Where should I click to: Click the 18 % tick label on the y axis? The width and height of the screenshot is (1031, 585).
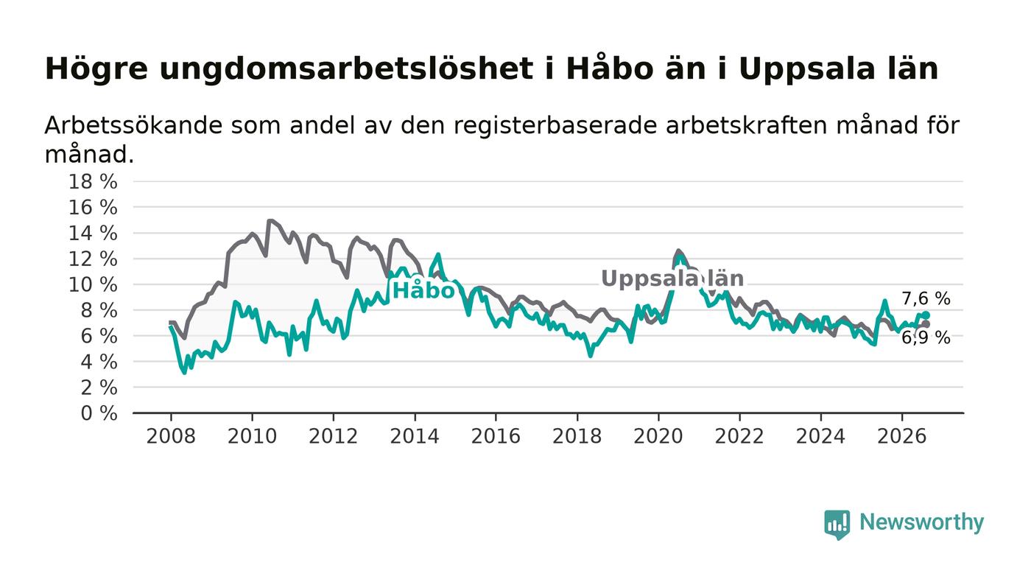pos(93,181)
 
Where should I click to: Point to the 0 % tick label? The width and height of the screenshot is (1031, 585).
pos(99,413)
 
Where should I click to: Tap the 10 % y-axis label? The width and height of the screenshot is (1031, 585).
pos(93,284)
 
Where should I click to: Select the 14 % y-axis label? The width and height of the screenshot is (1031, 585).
pos(93,233)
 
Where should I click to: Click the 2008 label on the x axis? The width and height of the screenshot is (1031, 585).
pos(171,436)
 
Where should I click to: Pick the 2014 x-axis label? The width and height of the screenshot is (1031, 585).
pos(414,436)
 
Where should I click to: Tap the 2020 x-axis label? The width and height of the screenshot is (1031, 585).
pos(658,436)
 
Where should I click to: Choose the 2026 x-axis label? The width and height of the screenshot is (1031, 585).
pos(901,436)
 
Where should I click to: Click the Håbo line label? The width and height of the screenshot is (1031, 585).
pos(423,290)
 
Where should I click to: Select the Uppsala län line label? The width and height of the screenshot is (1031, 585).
pos(672,279)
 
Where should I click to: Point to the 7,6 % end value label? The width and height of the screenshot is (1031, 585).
pos(926,299)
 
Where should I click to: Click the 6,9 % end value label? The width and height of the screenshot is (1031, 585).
pos(926,338)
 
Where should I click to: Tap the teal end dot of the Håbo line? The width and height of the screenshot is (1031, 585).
pos(926,315)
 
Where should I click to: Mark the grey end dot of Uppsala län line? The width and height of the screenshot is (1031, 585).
pos(926,324)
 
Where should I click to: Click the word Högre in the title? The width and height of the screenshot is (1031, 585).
pos(96,70)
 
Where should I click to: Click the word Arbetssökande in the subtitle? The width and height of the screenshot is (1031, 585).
pos(133,125)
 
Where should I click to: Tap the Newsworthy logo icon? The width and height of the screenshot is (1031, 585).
pos(837,525)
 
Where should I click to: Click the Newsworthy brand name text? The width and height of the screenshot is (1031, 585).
pos(921,522)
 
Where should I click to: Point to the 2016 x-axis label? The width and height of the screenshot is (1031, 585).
pos(496,436)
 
